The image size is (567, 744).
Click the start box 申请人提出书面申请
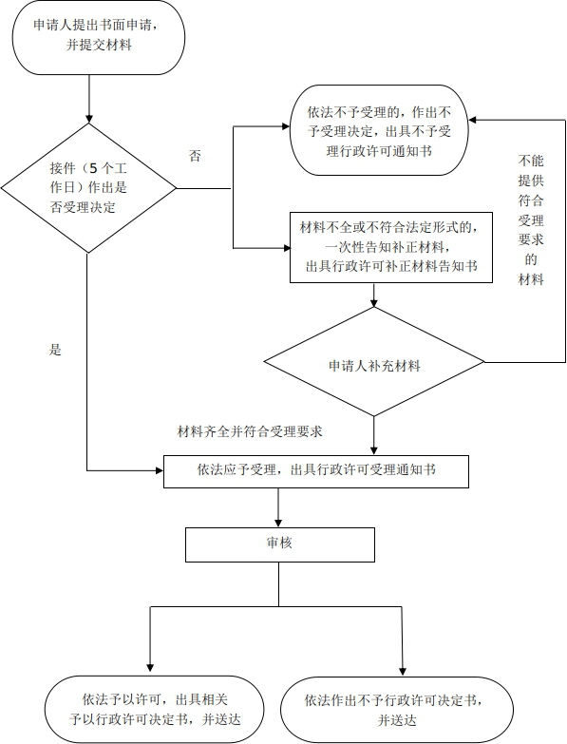tap(98, 38)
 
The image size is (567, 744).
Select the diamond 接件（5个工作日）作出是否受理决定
tap(88, 188)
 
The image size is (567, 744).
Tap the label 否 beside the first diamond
tap(195, 156)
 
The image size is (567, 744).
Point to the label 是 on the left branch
tap(55, 350)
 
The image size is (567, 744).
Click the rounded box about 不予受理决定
tap(379, 130)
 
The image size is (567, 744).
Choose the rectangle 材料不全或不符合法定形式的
tap(391, 247)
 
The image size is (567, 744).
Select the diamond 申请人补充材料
tap(374, 362)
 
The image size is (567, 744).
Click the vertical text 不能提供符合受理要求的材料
tap(531, 219)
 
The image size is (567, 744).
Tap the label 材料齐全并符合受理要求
tap(250, 431)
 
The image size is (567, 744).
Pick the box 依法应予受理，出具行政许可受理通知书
tap(316, 471)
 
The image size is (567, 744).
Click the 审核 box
tap(280, 544)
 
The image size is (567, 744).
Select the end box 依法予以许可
tap(155, 710)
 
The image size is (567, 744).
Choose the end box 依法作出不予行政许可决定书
tap(397, 710)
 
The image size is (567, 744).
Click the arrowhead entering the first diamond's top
tap(88, 119)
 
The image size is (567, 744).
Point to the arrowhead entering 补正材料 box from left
tap(286, 248)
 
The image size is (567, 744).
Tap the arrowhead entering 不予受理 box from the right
tap(473, 120)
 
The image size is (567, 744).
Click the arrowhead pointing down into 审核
tap(278, 524)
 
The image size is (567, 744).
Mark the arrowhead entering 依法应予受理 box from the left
tap(160, 470)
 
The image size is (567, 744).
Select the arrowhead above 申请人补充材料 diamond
tap(374, 303)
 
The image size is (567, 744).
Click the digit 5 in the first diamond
tap(93, 168)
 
